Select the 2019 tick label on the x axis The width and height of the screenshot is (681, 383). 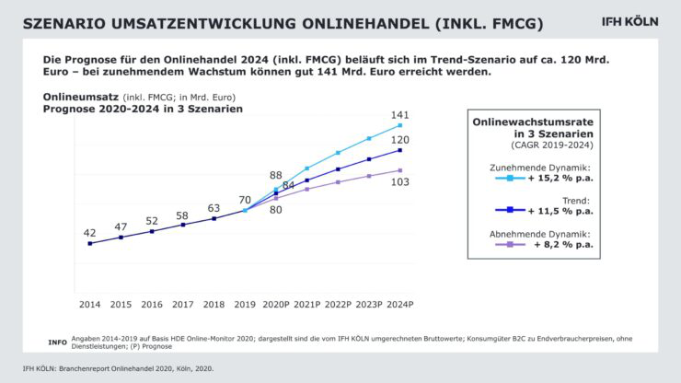[245, 304]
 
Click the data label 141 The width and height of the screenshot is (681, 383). [400, 114]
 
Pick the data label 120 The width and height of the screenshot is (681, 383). [400, 140]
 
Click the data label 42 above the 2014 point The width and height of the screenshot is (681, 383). [90, 233]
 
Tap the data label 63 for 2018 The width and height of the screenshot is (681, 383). [214, 208]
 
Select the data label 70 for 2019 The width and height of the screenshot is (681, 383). [245, 199]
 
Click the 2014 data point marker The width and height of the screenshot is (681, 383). [89, 244]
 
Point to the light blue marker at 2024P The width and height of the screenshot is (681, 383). [400, 125]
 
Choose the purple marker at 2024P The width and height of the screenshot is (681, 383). [400, 170]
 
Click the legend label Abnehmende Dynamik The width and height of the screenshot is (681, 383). [540, 234]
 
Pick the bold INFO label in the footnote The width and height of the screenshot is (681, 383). [57, 342]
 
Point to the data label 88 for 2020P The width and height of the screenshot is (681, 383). [276, 175]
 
